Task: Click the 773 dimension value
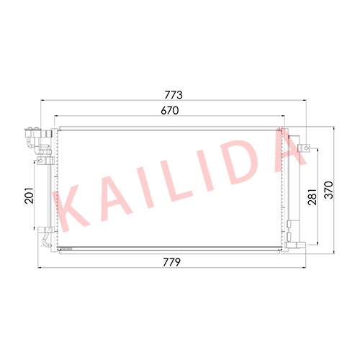pyautogui.click(x=174, y=95)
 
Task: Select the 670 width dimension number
pyautogui.click(x=170, y=110)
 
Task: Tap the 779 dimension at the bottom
pyautogui.click(x=171, y=262)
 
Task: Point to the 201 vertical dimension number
pyautogui.click(x=29, y=196)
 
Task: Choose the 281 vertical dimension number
pyautogui.click(x=312, y=197)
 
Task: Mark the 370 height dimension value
pyautogui.click(x=329, y=190)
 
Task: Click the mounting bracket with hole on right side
pyautogui.click(x=304, y=148)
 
